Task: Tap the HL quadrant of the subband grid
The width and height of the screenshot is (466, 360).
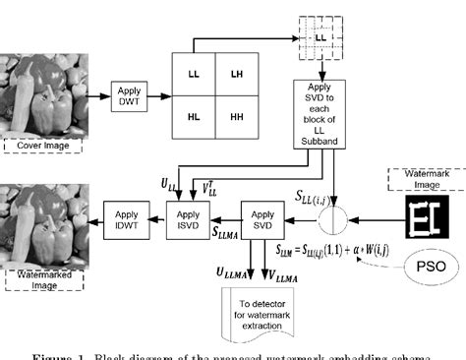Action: [x=193, y=117]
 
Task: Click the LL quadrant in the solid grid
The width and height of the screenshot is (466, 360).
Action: [x=193, y=75]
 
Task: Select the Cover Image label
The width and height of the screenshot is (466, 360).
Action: [x=42, y=146]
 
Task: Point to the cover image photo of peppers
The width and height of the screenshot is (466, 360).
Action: [x=43, y=93]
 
